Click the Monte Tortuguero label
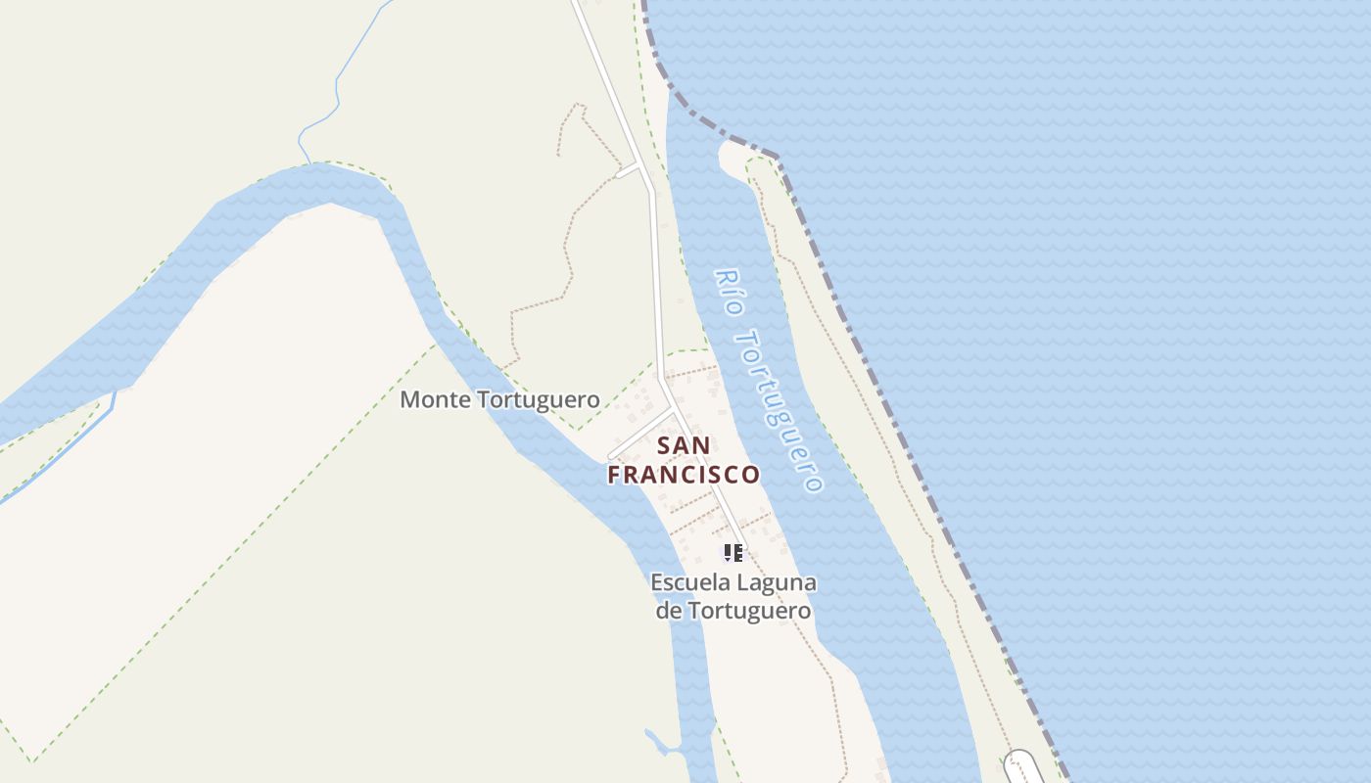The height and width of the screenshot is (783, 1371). click(499, 399)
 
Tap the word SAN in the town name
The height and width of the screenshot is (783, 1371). click(684, 446)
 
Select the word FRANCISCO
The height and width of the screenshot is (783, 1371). click(684, 475)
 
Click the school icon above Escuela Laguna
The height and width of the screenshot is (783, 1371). click(733, 552)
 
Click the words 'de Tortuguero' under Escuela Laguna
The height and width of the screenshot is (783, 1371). click(733, 611)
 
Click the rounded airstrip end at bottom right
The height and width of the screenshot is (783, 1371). click(1019, 762)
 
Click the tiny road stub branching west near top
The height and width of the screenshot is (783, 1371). click(628, 170)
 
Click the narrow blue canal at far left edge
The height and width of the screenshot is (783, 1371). click(59, 450)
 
